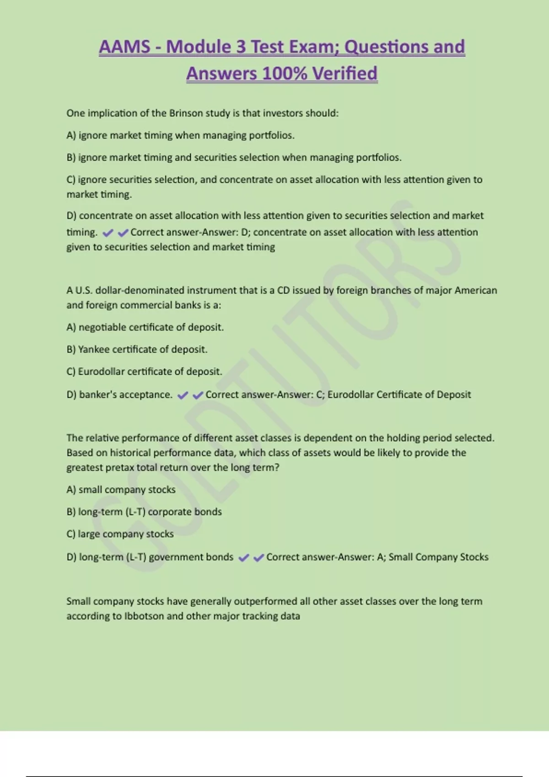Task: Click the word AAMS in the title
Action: (x=124, y=47)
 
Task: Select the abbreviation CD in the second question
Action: (x=283, y=291)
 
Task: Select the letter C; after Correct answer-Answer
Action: (x=320, y=395)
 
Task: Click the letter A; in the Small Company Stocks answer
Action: (x=381, y=557)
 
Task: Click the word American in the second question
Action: (x=475, y=291)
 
